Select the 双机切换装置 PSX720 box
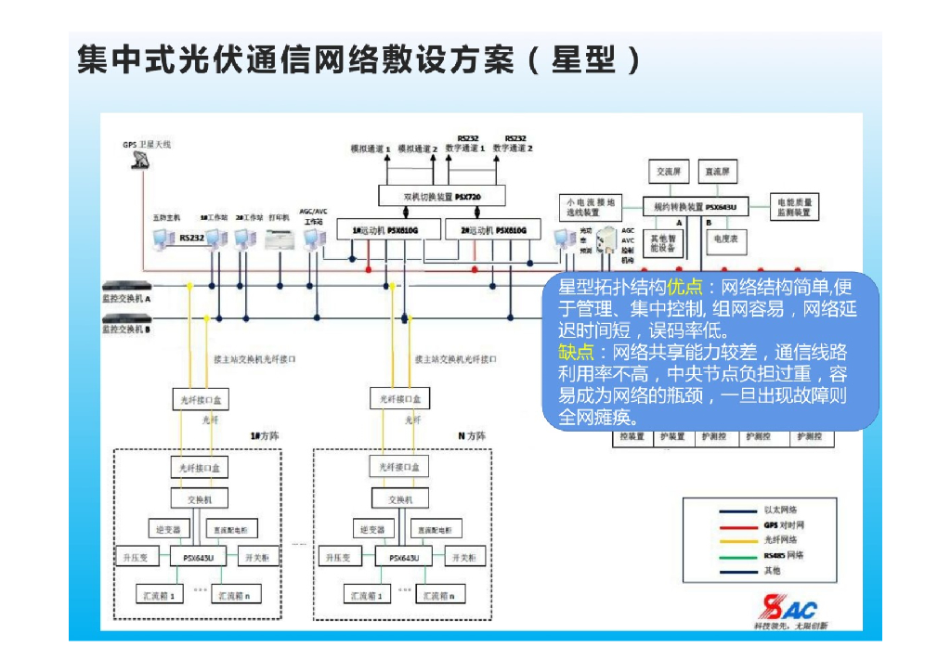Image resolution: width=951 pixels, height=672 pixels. click(x=428, y=196)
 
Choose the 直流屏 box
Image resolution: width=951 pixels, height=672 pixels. click(x=720, y=173)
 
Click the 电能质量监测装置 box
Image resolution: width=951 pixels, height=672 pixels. click(x=793, y=207)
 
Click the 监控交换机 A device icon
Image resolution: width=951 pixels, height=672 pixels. click(x=126, y=287)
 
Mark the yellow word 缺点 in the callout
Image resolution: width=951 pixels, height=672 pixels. click(x=575, y=353)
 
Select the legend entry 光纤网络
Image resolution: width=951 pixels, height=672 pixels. click(x=780, y=539)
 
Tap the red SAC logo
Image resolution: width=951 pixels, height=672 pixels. click(x=788, y=609)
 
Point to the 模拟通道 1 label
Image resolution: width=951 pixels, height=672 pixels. click(x=370, y=149)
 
